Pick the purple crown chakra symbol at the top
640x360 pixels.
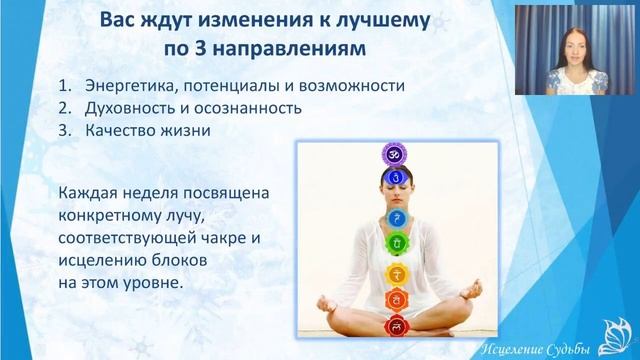393,154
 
